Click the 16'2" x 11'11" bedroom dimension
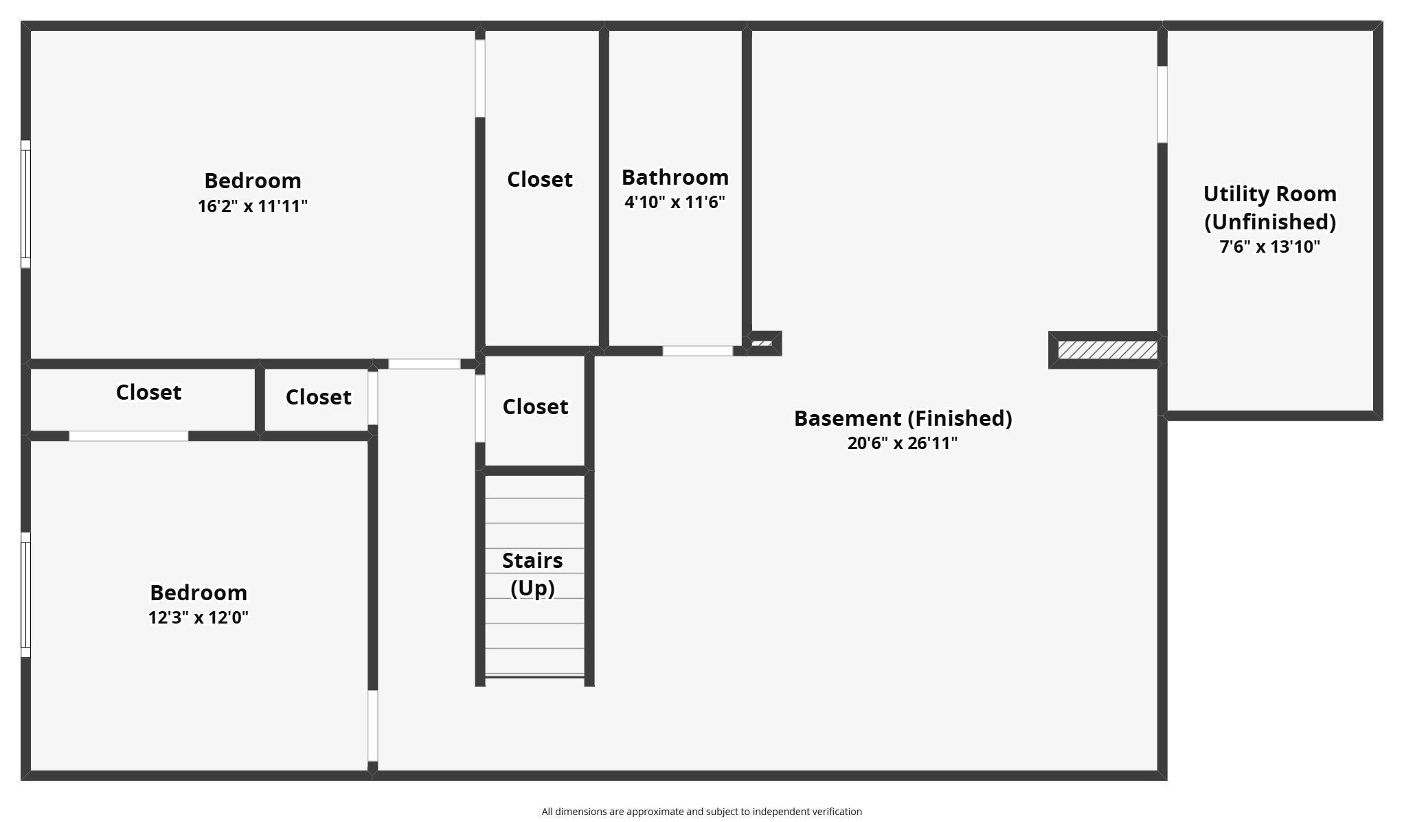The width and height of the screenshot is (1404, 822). [x=253, y=206]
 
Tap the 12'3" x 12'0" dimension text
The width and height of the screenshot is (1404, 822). [x=199, y=617]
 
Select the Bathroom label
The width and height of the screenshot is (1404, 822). [x=675, y=177]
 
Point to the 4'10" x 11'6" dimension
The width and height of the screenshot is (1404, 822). [x=675, y=202]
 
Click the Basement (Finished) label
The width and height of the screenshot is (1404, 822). [x=903, y=418]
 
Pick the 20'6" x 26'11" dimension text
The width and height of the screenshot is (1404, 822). [x=903, y=443]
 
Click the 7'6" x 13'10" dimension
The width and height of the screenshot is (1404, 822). [x=1269, y=247]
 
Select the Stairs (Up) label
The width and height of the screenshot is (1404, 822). [x=532, y=574]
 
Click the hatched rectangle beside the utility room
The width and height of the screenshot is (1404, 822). [x=1107, y=350]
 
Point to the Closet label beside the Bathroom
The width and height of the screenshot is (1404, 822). [x=540, y=179]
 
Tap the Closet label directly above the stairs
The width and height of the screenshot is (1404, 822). [x=535, y=407]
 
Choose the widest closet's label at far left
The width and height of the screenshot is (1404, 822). [x=148, y=392]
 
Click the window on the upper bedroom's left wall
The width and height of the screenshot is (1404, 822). [x=25, y=204]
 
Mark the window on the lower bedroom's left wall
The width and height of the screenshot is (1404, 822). [x=25, y=595]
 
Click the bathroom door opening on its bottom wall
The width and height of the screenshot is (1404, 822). [x=697, y=351]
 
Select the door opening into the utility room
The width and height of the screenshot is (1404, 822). [x=1162, y=104]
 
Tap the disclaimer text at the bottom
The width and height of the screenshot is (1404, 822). [x=701, y=812]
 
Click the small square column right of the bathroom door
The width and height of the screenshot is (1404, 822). [x=762, y=343]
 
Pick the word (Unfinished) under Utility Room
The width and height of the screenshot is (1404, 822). [x=1269, y=222]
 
